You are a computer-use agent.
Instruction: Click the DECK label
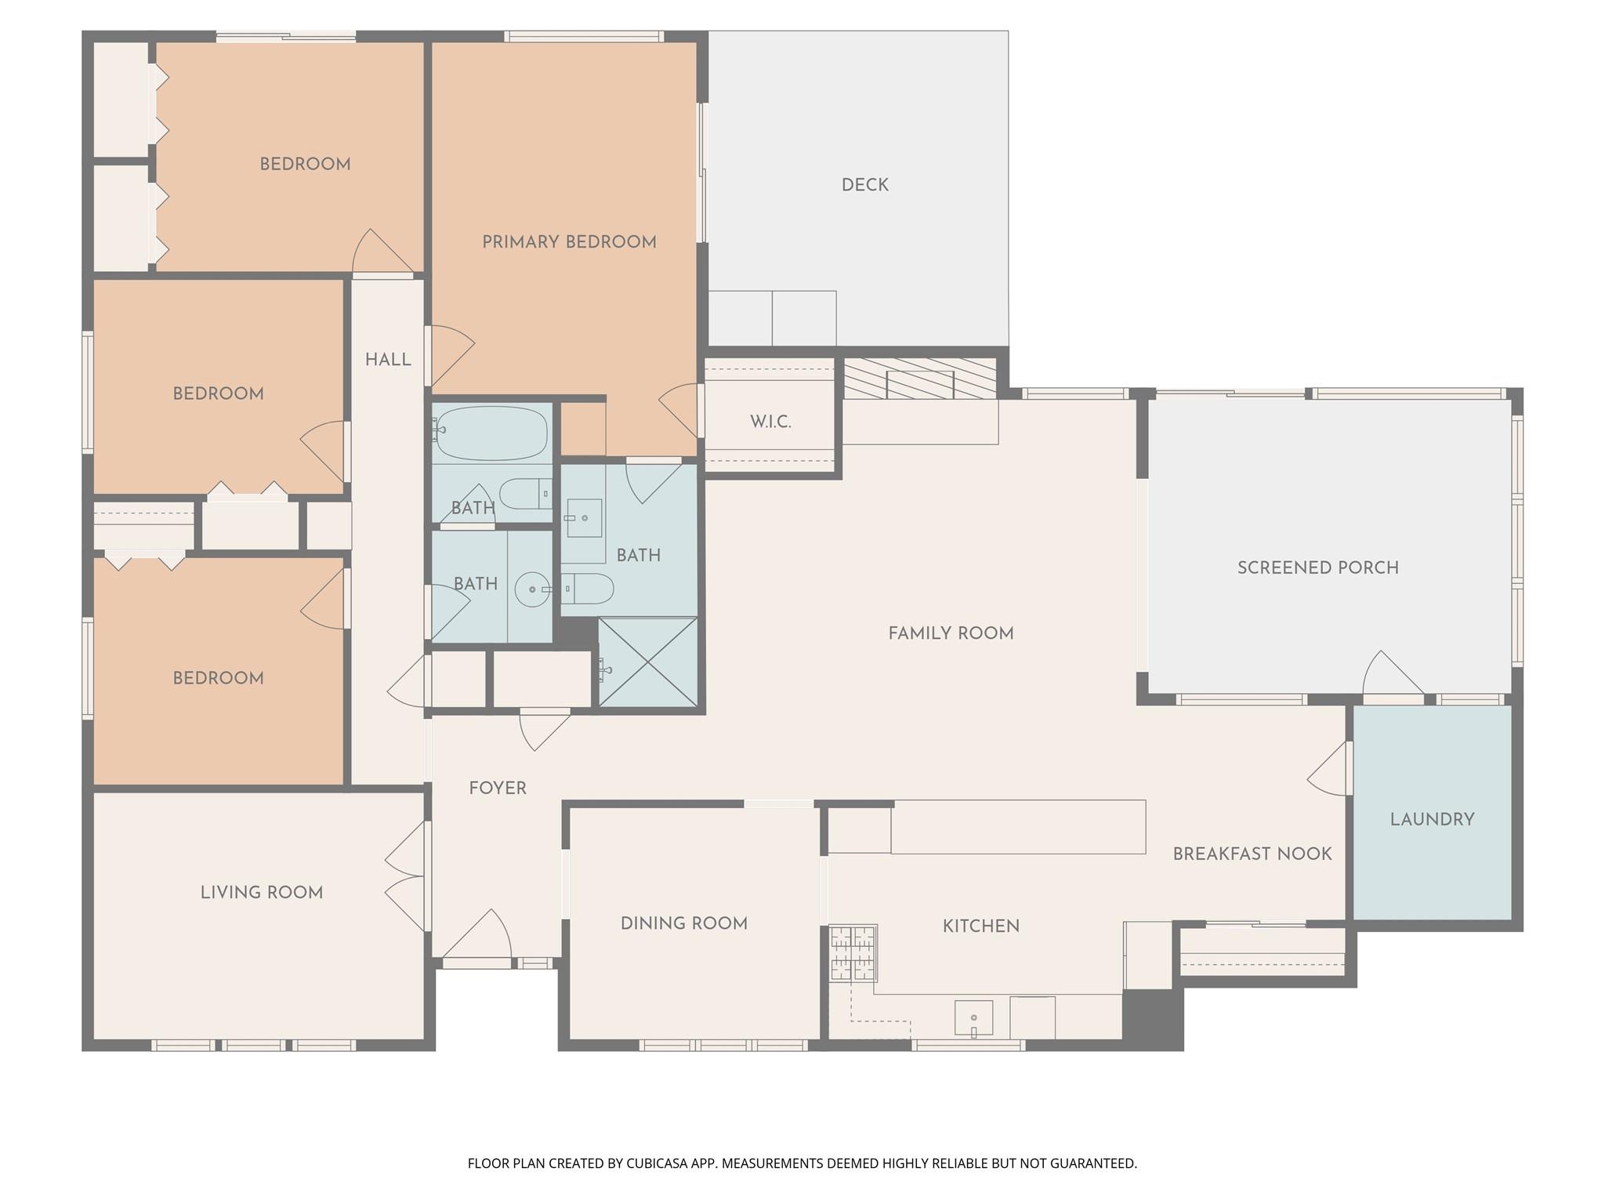[864, 185]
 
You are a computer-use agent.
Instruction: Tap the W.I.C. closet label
[770, 422]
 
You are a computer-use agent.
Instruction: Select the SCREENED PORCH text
[1317, 568]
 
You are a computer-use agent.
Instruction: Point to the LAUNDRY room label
[1432, 819]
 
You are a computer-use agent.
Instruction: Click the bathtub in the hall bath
[491, 433]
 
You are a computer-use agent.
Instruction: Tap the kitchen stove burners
[853, 953]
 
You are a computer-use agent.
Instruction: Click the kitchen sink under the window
[973, 1018]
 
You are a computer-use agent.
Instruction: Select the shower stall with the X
[647, 662]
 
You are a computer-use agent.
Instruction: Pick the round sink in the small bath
[532, 589]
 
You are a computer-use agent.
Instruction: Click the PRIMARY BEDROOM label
[569, 242]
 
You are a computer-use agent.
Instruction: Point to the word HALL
[388, 360]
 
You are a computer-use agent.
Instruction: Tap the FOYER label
[498, 788]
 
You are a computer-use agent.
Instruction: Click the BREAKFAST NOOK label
[1252, 854]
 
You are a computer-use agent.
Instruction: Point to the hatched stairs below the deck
[919, 379]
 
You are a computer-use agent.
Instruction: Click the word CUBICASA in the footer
[658, 1163]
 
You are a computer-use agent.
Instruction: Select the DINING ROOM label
[683, 923]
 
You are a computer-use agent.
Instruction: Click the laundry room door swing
[1331, 770]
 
